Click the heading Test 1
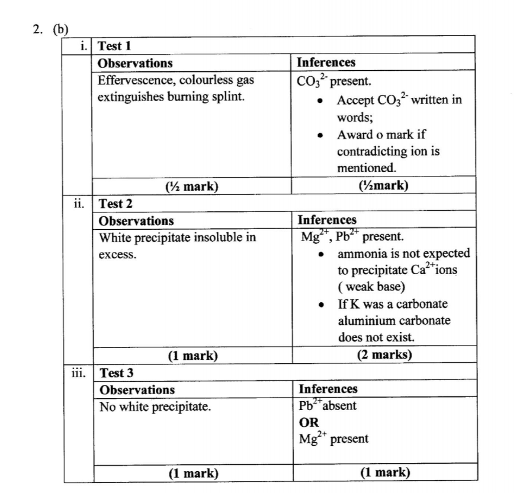(x=114, y=46)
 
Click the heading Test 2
(x=115, y=203)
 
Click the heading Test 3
(x=116, y=373)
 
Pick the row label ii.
(x=79, y=203)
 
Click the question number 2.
(x=37, y=29)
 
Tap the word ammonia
(x=360, y=254)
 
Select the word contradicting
(x=368, y=152)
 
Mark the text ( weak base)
(x=364, y=287)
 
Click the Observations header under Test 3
(x=136, y=389)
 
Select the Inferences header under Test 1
(x=326, y=63)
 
